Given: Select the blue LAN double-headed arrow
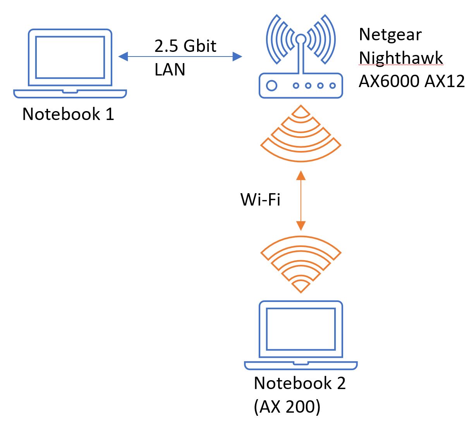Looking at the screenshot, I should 180,57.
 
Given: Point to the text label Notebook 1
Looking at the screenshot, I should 68,114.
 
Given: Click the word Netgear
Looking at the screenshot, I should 390,34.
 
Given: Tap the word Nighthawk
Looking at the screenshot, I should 401,58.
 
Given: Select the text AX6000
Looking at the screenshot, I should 389,81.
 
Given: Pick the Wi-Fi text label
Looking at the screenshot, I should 260,200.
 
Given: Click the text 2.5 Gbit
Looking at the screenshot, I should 185,46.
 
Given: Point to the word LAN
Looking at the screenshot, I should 170,70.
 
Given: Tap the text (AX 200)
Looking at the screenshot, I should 287,406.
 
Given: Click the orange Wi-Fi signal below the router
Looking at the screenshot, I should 301,133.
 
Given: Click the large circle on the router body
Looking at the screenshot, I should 272,86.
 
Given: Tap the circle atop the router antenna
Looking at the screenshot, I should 301,39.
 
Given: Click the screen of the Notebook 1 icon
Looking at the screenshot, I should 70,57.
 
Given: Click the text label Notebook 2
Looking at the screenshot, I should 299,383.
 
